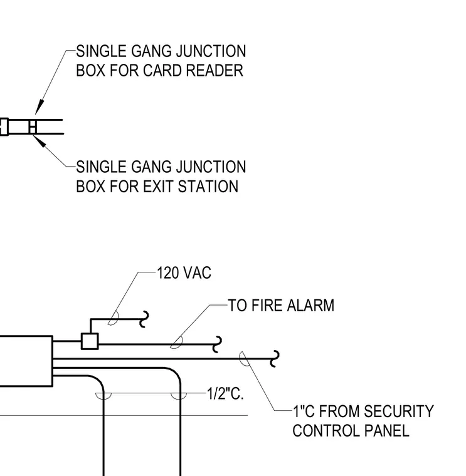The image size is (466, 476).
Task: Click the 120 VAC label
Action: pyautogui.click(x=184, y=272)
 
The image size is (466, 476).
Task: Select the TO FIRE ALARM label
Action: pyautogui.click(x=281, y=306)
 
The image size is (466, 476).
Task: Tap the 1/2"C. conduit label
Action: pyautogui.click(x=225, y=394)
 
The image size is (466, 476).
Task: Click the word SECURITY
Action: pyautogui.click(x=398, y=411)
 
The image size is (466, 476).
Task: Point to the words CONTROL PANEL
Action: pyautogui.click(x=351, y=431)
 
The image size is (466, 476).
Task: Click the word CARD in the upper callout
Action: pyautogui.click(x=162, y=70)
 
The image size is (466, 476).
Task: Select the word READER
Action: pyautogui.click(x=214, y=70)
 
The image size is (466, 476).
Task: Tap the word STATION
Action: pyautogui.click(x=208, y=187)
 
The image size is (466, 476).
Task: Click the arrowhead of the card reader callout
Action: pyautogui.click(x=39, y=108)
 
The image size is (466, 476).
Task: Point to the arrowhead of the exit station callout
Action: pyautogui.click(x=39, y=141)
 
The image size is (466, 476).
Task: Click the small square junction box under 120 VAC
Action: pyautogui.click(x=90, y=341)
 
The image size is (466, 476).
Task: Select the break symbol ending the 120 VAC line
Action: pyautogui.click(x=144, y=319)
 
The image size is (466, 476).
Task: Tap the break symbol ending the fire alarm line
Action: pyautogui.click(x=217, y=344)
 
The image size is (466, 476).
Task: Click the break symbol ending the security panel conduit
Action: pyautogui.click(x=275, y=359)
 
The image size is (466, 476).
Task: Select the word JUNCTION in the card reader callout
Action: pyautogui.click(x=211, y=51)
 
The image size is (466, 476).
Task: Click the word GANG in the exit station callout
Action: pyautogui.click(x=151, y=167)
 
